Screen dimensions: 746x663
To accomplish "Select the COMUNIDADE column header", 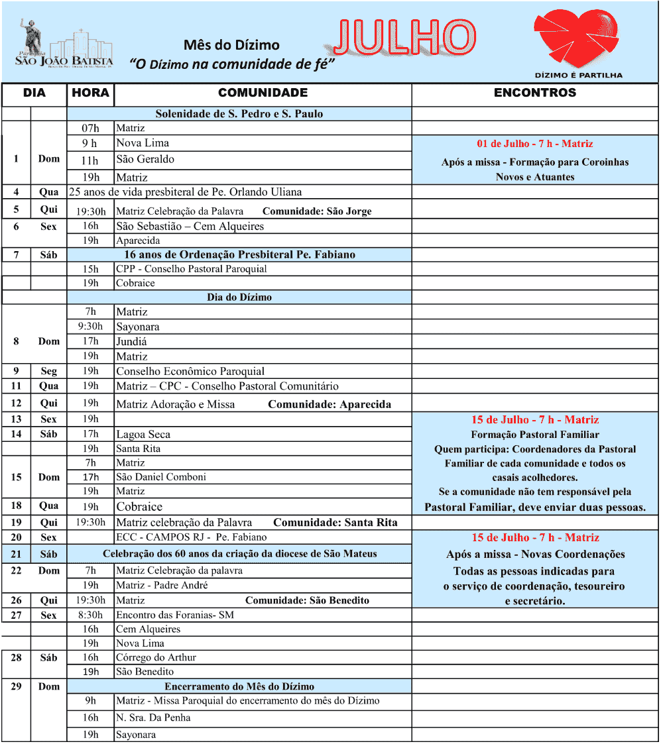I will click(263, 93).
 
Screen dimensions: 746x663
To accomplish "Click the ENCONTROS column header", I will click(535, 93).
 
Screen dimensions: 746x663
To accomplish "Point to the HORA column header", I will click(90, 93).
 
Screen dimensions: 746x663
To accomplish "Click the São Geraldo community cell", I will click(145, 159).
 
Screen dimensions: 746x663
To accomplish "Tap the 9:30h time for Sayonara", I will click(90, 327).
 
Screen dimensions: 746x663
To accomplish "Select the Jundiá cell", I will click(131, 342).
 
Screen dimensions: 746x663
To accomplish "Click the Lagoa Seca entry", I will click(143, 435).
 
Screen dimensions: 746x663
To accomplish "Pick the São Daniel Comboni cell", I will click(161, 477).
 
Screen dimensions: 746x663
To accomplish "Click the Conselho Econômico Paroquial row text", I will click(190, 371).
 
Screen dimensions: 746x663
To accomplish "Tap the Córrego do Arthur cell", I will click(156, 657).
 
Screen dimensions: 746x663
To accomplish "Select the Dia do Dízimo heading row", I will click(239, 297).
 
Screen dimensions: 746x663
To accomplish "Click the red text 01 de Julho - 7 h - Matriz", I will click(535, 144).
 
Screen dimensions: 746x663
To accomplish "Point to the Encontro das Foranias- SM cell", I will click(174, 615).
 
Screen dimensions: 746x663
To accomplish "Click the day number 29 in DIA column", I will click(16, 686).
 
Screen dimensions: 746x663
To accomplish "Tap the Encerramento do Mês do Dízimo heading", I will click(239, 686).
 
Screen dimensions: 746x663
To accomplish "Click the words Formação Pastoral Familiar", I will click(535, 435).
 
